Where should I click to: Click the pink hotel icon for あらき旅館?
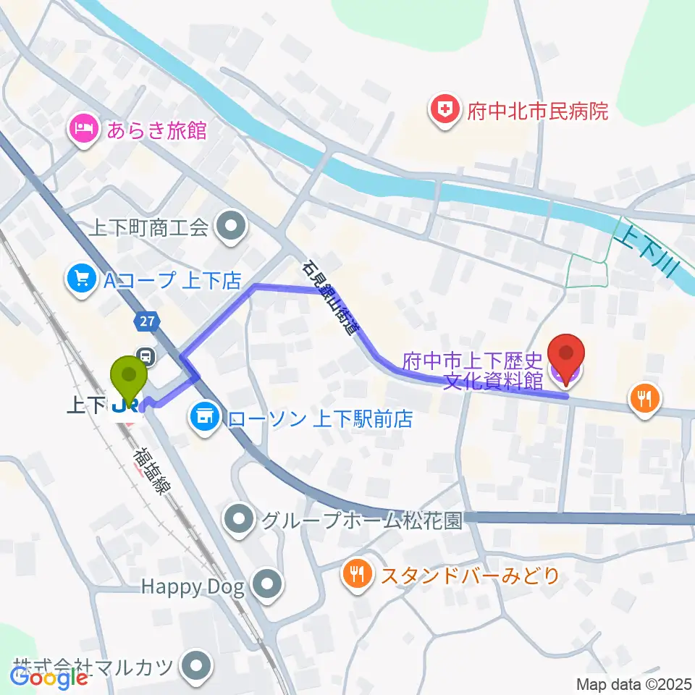[x=81, y=131]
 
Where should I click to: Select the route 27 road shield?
[x=143, y=320]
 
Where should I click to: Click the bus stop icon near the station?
[x=146, y=355]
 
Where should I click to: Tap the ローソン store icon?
[x=203, y=417]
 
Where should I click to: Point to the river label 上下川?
[x=646, y=257]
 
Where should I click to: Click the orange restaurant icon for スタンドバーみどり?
[x=358, y=576]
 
